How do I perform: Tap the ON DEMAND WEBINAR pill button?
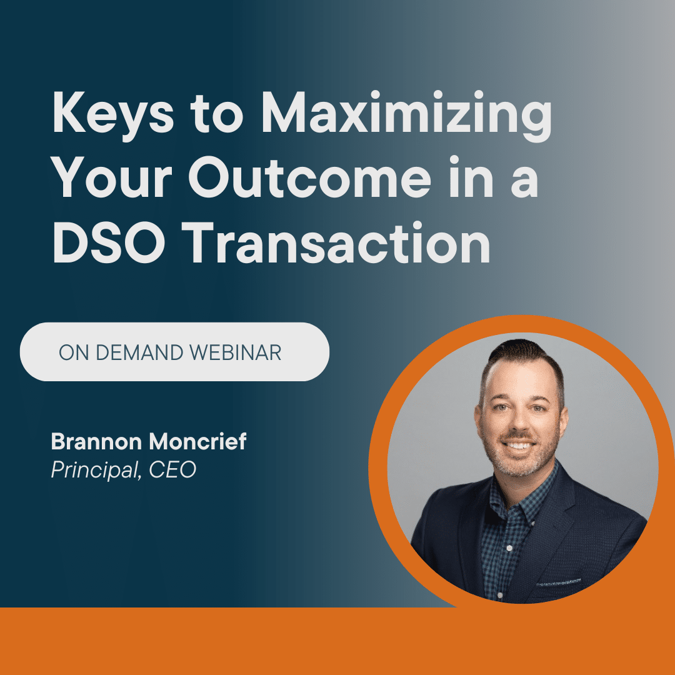tap(174, 352)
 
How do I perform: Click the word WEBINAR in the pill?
tap(236, 352)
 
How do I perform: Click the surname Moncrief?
tap(197, 441)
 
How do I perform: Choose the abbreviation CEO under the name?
tap(172, 469)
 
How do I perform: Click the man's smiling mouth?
tap(518, 446)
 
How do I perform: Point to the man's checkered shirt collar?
tap(519, 495)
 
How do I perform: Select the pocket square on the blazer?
tap(558, 582)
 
